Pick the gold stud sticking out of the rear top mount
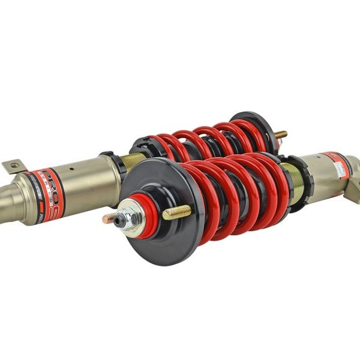tap(280, 134)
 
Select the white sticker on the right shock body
tap(341, 168)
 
